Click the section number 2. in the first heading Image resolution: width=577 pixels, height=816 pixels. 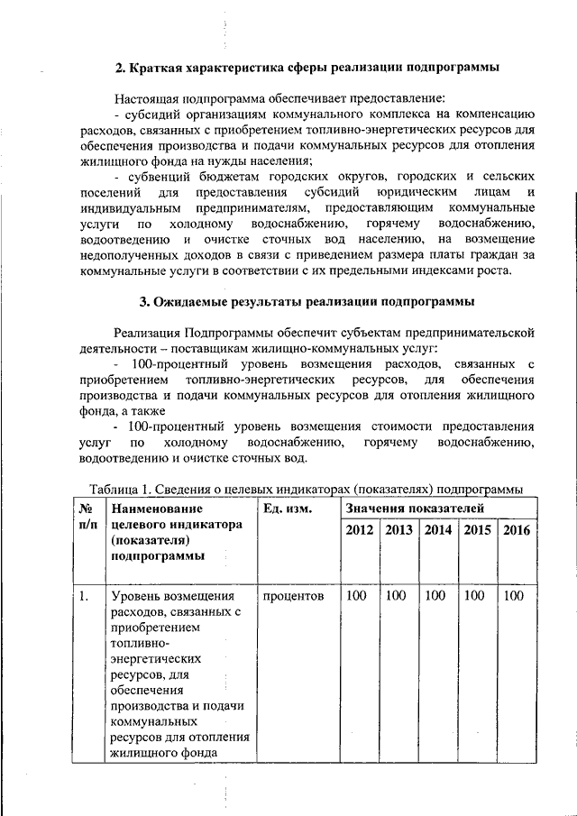coord(123,69)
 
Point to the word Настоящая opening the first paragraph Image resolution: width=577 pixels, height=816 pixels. coord(147,97)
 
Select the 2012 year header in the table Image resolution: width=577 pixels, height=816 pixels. coord(360,530)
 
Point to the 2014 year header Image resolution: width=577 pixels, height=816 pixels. coord(439,530)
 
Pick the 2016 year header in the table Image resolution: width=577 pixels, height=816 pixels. coord(517,530)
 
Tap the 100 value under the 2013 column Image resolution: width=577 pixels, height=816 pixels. coord(397,596)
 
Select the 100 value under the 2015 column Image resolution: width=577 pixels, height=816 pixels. coord(474,596)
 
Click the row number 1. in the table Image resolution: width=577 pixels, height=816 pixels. coord(83,596)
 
